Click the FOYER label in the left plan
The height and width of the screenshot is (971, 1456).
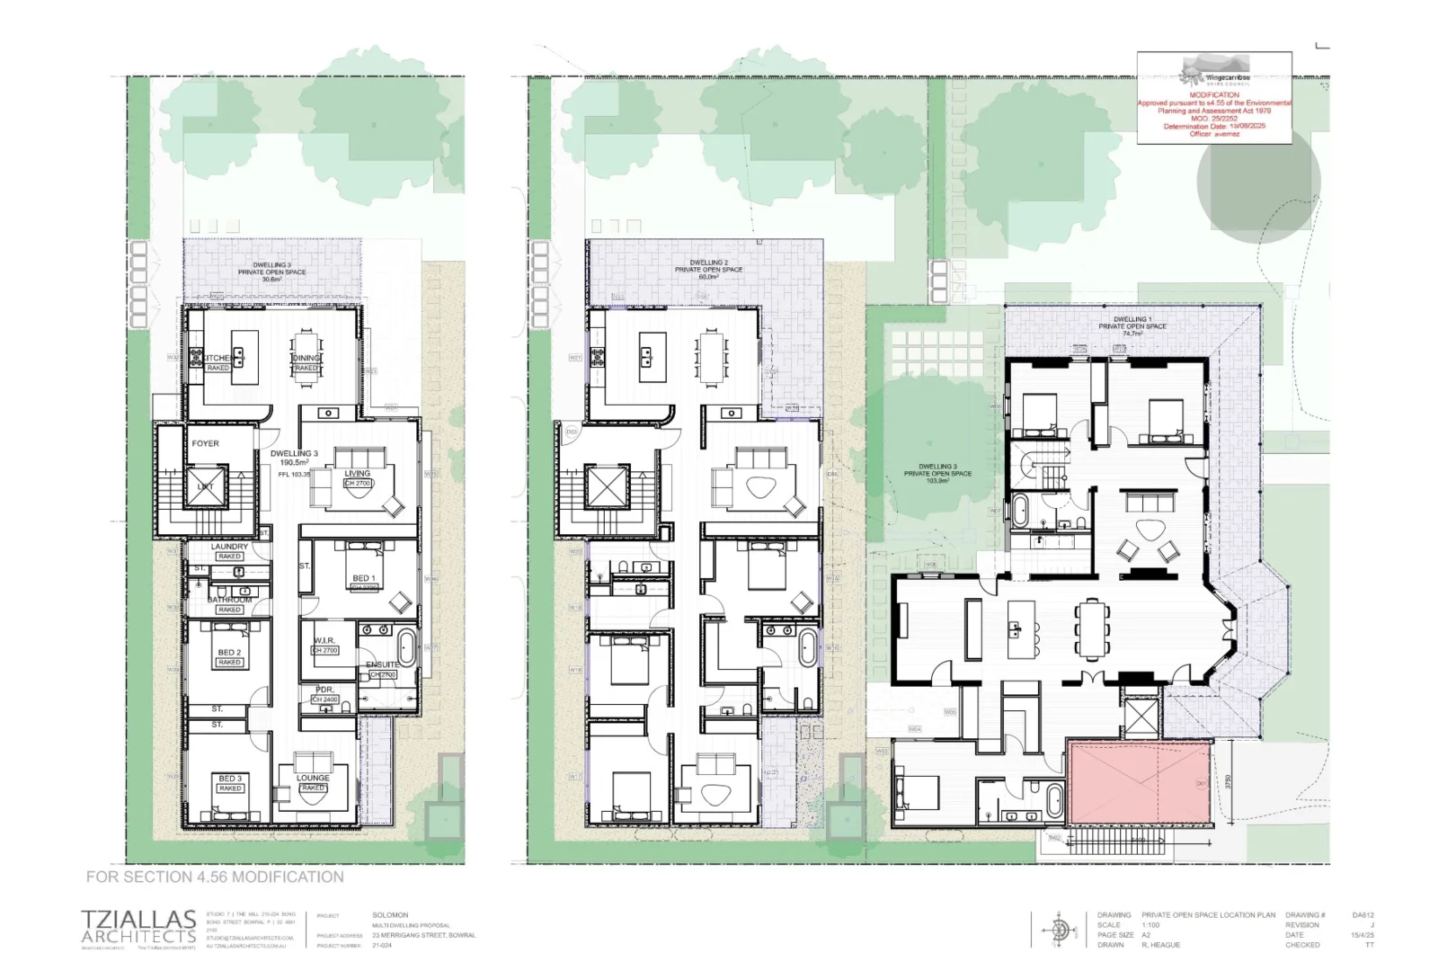[x=205, y=443]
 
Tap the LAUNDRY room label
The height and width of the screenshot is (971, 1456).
[x=229, y=547]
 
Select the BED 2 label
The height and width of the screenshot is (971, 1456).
[x=229, y=653]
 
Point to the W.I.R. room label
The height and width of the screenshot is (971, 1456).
[x=324, y=641]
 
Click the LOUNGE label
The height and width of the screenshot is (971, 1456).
[x=313, y=779]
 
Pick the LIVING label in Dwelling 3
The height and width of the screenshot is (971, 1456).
[x=357, y=474]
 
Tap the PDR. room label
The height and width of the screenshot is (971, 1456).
[x=324, y=690]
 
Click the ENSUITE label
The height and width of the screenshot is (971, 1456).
[x=382, y=665]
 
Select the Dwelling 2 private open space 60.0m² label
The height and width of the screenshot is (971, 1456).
[x=708, y=270]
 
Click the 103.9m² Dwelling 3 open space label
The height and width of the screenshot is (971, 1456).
[x=937, y=474]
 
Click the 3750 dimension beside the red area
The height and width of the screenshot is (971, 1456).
[x=1228, y=783]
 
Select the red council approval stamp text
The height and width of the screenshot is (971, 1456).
[x=1214, y=114]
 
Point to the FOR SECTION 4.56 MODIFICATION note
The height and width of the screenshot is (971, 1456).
[x=215, y=877]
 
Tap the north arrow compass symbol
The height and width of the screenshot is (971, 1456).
[x=1061, y=929]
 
